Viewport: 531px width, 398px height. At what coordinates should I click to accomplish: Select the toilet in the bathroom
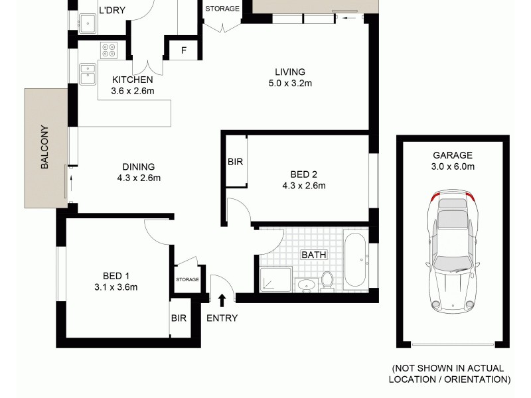click(x=327, y=281)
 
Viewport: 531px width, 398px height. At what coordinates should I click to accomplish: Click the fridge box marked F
click(x=184, y=50)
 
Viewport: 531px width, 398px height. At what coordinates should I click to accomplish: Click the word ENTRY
click(x=222, y=318)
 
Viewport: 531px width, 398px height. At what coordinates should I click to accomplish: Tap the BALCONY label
click(x=45, y=147)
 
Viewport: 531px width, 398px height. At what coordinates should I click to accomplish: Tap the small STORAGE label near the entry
click(x=187, y=280)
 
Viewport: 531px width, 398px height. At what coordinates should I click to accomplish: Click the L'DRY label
click(x=112, y=10)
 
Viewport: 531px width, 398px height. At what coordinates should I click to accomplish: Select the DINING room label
click(x=138, y=166)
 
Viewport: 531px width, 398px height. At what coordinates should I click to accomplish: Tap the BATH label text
click(x=312, y=254)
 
